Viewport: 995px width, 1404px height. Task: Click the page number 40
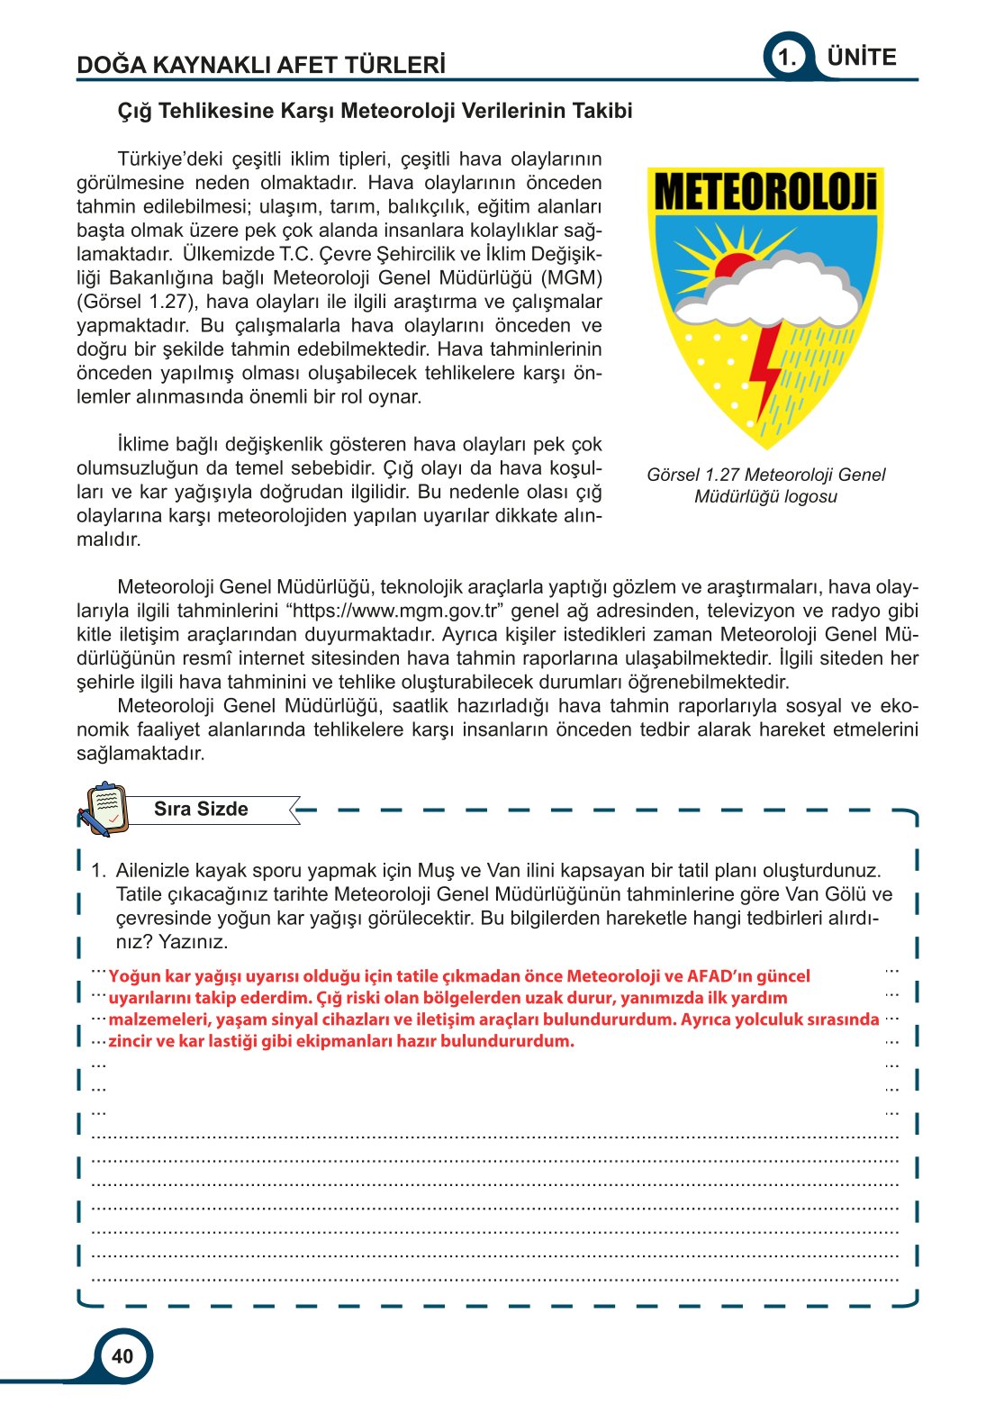coord(122,1356)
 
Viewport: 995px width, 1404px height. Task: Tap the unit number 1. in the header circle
coord(788,58)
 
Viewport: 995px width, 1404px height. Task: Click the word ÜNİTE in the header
coord(862,58)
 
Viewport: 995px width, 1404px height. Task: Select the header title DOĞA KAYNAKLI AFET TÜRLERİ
coord(261,65)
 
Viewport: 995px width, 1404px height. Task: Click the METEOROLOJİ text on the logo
coord(765,192)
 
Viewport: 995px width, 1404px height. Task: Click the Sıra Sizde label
coord(201,809)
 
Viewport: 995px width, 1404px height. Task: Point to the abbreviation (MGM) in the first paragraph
coord(572,278)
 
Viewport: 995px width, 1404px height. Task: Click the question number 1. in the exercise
coord(99,871)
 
